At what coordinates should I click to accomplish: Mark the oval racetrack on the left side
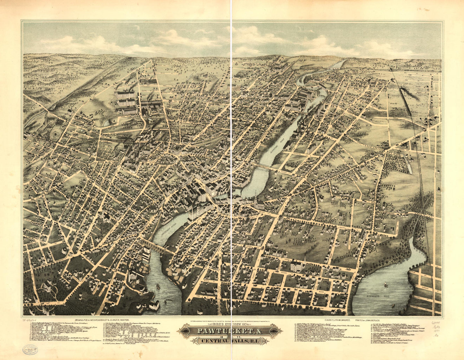(57, 133)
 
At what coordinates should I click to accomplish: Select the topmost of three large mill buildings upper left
(125, 95)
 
